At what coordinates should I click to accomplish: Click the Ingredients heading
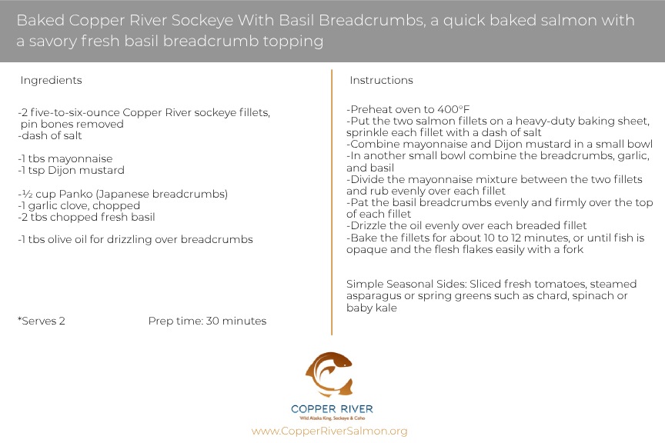pos(51,80)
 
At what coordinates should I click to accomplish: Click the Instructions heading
pos(381,80)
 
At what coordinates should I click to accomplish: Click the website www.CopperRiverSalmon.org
pos(329,431)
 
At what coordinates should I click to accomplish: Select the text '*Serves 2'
pos(41,321)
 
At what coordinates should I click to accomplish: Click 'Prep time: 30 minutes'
pos(207,321)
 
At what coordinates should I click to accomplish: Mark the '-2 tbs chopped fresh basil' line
pos(86,217)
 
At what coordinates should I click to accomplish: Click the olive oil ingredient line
pos(135,240)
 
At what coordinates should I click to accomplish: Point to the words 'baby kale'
pos(372,308)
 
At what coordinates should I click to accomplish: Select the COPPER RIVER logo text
pos(332,408)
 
